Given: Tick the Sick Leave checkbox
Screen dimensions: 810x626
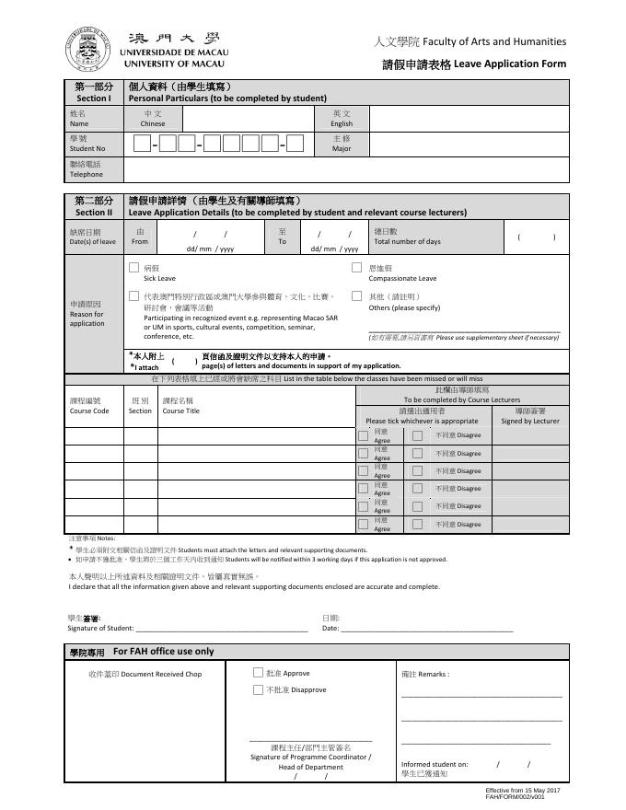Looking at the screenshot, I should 134,268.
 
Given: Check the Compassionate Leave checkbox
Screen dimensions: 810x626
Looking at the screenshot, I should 356,268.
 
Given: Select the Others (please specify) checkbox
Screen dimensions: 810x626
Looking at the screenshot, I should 356,296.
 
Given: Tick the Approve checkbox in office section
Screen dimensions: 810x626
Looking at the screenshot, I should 258,673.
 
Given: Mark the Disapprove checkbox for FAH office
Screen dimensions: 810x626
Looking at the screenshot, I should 258,689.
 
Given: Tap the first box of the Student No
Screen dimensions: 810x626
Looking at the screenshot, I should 142,144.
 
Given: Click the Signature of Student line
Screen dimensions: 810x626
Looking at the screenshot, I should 222,629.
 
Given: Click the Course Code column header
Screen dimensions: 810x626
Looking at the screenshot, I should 89,406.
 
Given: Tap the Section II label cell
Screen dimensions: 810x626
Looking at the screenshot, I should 93,206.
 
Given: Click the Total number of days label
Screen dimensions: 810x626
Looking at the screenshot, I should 407,237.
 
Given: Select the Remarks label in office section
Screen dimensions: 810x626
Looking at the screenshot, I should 424,674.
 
